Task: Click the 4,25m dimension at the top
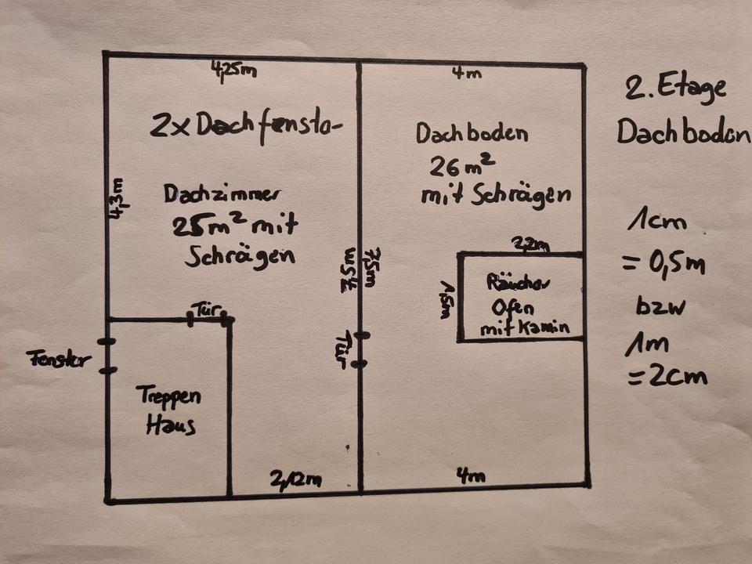coord(233,71)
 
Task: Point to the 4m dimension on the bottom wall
coord(471,475)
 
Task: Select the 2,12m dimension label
coord(295,479)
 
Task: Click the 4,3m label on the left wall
coord(116,201)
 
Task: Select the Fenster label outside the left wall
coord(59,360)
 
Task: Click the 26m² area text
coord(461,166)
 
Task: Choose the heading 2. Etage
coord(675,89)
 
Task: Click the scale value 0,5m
coord(663,265)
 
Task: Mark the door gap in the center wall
coord(360,349)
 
